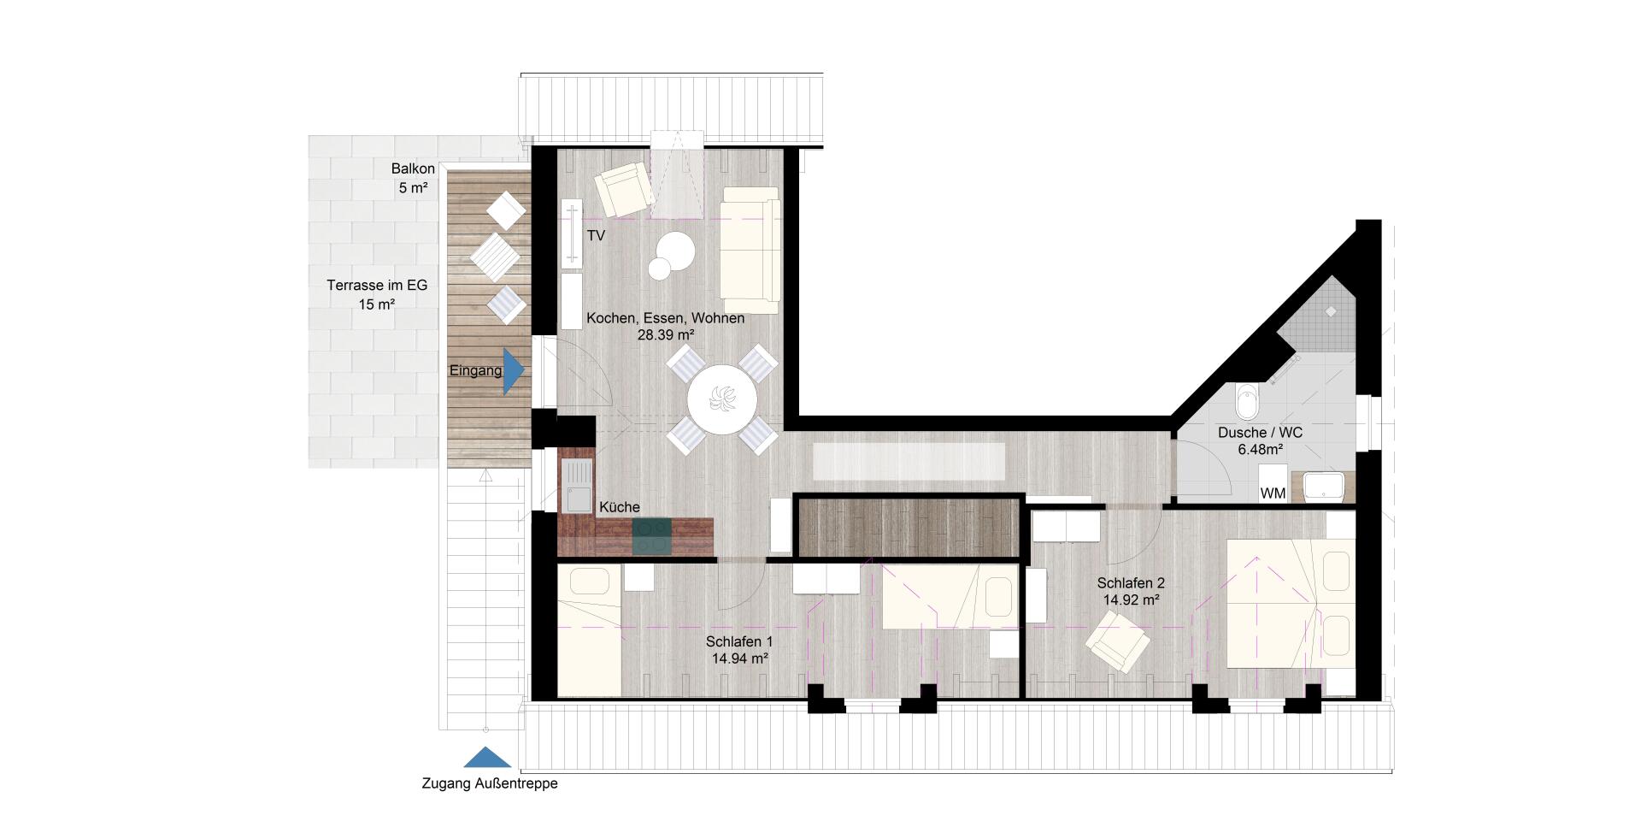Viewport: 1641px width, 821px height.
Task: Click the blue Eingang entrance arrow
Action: click(512, 372)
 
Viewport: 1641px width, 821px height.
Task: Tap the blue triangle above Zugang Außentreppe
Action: click(487, 758)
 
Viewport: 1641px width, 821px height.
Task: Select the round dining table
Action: click(722, 400)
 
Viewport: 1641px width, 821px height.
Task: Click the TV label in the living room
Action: click(596, 235)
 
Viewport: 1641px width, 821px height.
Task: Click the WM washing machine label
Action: click(1273, 493)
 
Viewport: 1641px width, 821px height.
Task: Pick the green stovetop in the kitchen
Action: click(652, 538)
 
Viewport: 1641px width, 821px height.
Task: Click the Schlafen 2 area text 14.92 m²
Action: click(1131, 600)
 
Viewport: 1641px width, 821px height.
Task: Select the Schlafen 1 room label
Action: click(739, 641)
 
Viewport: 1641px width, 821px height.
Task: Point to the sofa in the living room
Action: click(750, 250)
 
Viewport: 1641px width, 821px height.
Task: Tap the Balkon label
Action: click(413, 169)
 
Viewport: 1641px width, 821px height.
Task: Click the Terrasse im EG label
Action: click(377, 286)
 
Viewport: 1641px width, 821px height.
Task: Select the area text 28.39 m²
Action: click(665, 335)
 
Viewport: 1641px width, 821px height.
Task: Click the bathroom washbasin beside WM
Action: click(1323, 487)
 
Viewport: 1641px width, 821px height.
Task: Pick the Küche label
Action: click(619, 507)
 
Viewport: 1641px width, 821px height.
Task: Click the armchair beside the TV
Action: click(623, 190)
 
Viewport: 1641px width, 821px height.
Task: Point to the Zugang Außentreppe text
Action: click(490, 783)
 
